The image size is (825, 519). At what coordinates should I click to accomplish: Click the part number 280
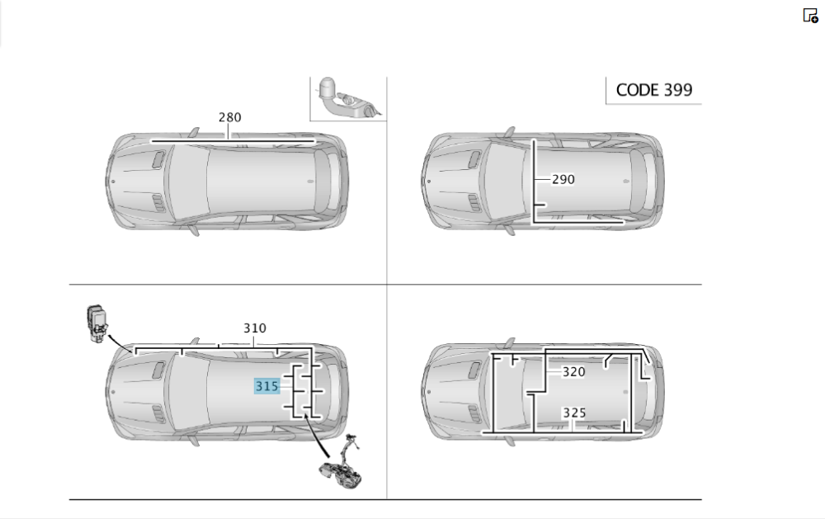click(x=230, y=117)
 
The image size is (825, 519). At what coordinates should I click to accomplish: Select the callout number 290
click(x=563, y=180)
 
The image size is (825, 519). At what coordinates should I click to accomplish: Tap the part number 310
click(x=255, y=328)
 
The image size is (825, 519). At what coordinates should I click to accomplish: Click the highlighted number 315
click(x=266, y=386)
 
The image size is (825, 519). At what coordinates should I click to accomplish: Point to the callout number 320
click(x=573, y=372)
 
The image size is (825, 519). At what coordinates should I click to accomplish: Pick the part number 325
click(x=574, y=413)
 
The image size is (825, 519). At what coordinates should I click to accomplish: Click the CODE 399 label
click(x=654, y=90)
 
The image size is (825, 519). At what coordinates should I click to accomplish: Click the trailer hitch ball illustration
click(x=347, y=99)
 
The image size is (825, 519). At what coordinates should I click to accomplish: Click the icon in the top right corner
click(x=810, y=16)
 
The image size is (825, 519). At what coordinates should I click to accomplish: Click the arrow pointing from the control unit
click(x=120, y=344)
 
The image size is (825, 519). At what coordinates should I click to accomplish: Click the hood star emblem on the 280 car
click(x=113, y=182)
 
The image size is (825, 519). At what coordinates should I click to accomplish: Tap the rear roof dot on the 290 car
click(x=625, y=181)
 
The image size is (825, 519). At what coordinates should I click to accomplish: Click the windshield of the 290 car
click(x=503, y=182)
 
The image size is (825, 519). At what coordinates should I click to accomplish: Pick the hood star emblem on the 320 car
click(x=429, y=392)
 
